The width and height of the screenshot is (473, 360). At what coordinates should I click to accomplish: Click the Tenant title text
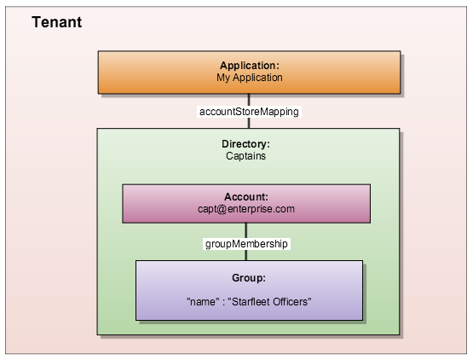point(57,23)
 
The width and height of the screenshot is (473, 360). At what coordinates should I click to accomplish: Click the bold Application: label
point(249,66)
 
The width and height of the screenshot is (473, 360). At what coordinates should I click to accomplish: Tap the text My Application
point(249,78)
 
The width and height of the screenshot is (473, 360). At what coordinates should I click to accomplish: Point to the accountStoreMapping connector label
point(249,111)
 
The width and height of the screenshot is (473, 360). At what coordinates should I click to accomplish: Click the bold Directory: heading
point(245,144)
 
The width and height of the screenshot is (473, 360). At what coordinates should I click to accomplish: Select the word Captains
point(245,156)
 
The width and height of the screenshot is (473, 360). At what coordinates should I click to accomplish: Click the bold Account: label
point(245,196)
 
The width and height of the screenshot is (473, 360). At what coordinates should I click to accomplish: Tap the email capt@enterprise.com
point(245,208)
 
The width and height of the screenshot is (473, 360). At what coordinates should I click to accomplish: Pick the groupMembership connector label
point(247,243)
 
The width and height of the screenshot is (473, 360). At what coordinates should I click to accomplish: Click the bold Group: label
point(249,278)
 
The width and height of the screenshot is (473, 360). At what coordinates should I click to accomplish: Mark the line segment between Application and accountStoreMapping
point(249,98)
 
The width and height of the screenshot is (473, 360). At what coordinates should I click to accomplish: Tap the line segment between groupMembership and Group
point(246,255)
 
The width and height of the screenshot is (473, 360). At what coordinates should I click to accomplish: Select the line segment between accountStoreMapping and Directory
point(249,124)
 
